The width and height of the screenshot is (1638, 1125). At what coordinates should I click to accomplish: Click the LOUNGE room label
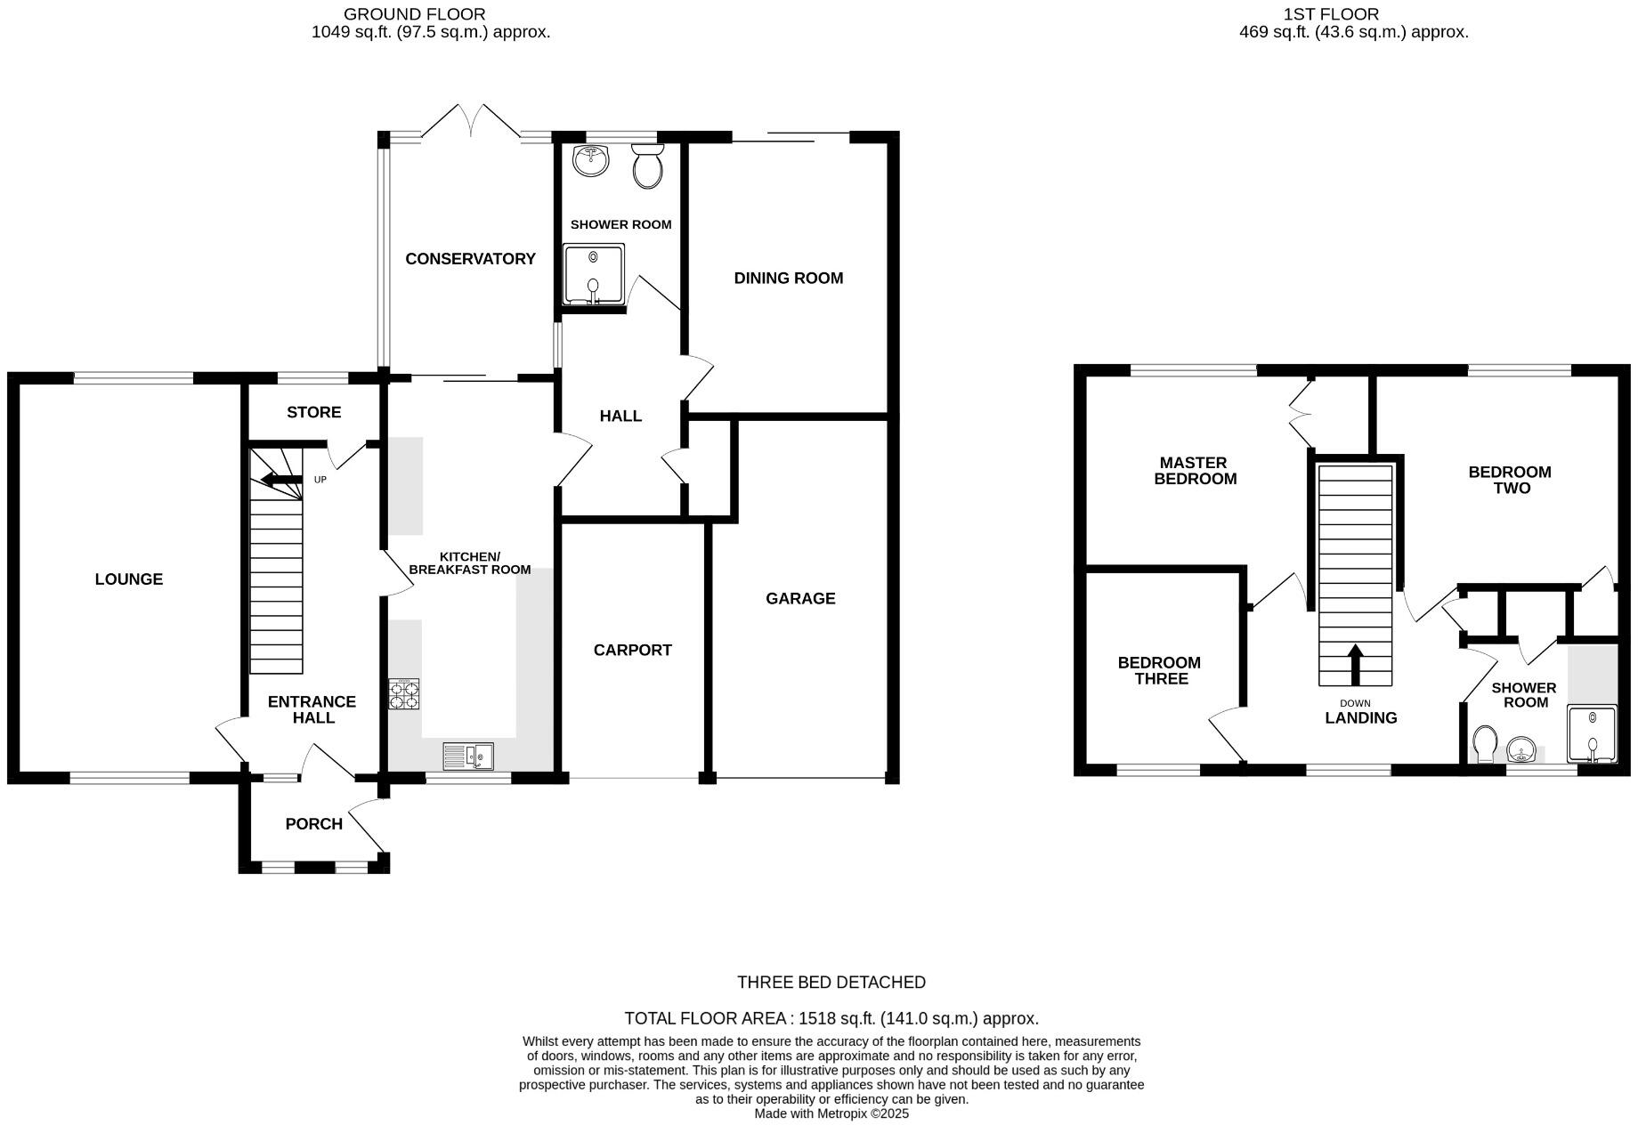[129, 579]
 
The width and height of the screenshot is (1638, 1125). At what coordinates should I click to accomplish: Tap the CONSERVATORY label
[470, 259]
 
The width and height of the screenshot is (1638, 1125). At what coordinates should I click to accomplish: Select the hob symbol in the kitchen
[404, 694]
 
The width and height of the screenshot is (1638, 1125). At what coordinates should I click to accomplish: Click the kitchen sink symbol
[468, 757]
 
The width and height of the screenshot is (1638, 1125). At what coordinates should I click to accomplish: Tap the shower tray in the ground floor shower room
[593, 274]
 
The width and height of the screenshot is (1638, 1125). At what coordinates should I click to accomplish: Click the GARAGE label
[800, 599]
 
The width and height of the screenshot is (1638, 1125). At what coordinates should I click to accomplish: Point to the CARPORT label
[632, 651]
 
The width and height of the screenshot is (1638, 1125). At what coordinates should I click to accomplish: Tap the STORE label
[313, 412]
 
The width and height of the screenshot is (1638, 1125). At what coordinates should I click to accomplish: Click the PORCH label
[313, 824]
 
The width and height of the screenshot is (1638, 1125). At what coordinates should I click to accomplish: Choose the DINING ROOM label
[788, 279]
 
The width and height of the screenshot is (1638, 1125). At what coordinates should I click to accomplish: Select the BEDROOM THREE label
[1160, 670]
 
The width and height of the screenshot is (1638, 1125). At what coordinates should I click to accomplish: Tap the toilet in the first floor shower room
[1484, 744]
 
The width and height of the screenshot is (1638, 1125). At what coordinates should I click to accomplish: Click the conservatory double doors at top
[470, 122]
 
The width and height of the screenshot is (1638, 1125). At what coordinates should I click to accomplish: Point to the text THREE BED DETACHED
[831, 983]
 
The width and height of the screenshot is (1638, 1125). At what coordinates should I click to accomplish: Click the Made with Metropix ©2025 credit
[831, 1113]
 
